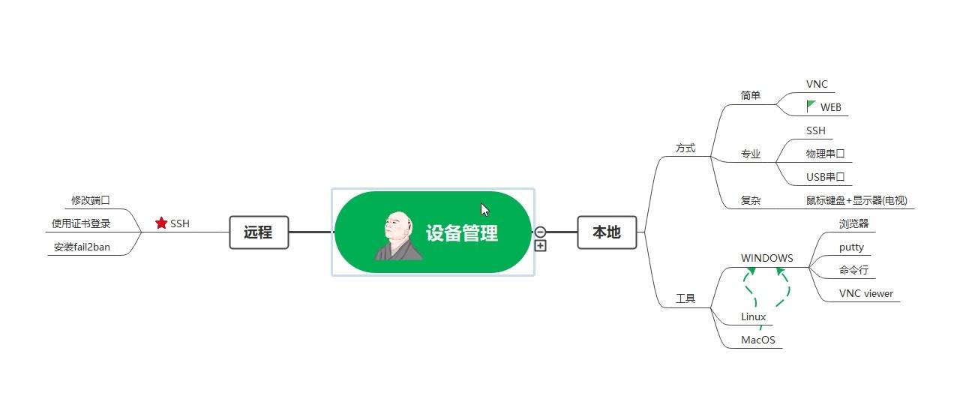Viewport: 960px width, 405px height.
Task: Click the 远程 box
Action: (x=259, y=232)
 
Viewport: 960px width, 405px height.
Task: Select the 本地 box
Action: (x=607, y=232)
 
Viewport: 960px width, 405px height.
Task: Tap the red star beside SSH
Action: (x=161, y=223)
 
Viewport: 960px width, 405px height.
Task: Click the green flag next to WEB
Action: (x=810, y=106)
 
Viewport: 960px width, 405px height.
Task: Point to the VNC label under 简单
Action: (x=817, y=84)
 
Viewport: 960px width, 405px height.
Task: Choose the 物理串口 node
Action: (x=825, y=154)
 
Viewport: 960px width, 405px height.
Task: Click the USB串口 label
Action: (x=825, y=177)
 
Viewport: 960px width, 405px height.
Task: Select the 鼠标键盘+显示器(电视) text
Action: (x=856, y=200)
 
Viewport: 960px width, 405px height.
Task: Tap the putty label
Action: (x=851, y=247)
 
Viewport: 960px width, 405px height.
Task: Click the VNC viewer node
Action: (x=865, y=293)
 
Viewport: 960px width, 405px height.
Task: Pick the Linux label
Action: (x=753, y=316)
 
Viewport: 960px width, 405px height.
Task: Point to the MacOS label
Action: (x=757, y=340)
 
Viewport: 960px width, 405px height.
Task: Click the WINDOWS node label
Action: (x=766, y=258)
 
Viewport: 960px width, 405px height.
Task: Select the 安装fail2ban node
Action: (x=82, y=247)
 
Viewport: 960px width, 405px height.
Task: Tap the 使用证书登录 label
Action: (x=81, y=223)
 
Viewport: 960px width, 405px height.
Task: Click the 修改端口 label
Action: (x=91, y=200)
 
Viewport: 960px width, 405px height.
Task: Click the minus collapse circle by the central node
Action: (x=541, y=232)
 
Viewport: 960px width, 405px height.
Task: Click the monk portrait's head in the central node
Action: (x=397, y=226)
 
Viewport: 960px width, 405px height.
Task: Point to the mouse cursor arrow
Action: (x=484, y=210)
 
